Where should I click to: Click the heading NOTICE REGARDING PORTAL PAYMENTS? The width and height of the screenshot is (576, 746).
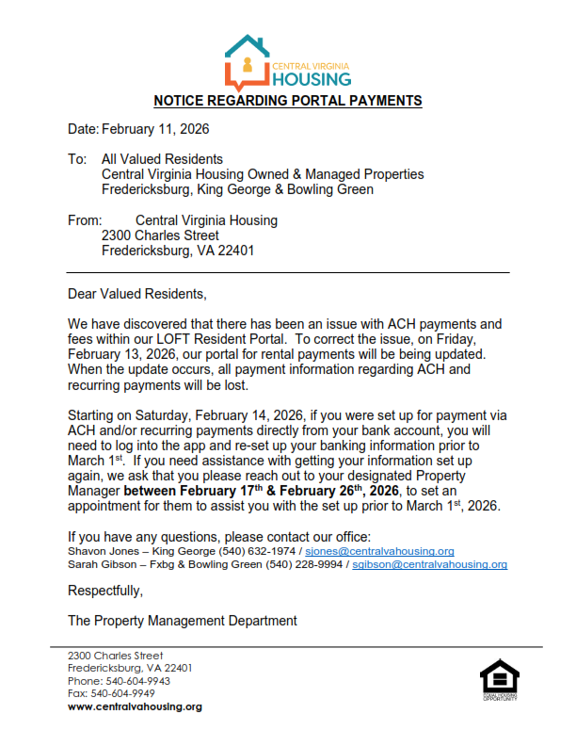(x=288, y=101)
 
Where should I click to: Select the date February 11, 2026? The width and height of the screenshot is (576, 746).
(x=155, y=129)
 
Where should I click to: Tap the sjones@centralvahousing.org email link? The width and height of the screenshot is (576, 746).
(x=379, y=551)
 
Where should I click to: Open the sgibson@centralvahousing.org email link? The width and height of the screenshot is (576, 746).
(x=429, y=564)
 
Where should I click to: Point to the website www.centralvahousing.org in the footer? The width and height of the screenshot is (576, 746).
(x=135, y=706)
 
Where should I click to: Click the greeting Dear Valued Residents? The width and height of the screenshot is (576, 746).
(x=136, y=293)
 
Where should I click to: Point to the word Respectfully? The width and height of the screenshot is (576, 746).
(x=105, y=592)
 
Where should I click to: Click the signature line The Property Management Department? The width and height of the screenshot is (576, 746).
(x=183, y=621)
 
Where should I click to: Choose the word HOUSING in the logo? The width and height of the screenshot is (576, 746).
(x=312, y=79)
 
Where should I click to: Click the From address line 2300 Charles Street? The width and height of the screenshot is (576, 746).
(x=160, y=235)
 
